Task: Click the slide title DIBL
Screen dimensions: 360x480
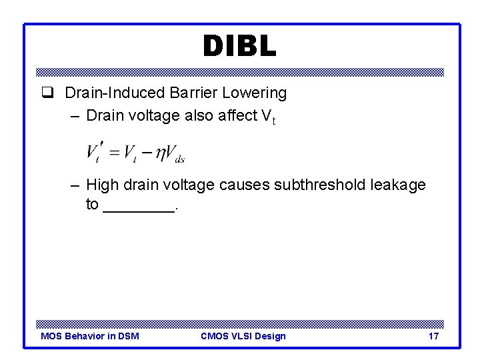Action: coord(239,46)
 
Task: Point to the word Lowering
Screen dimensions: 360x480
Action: coord(257,93)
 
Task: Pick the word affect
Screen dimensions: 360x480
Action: coord(237,115)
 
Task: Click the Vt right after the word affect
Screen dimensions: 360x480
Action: coord(268,117)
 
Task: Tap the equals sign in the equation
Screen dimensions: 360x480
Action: coord(114,153)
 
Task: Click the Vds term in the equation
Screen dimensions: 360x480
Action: coord(175,153)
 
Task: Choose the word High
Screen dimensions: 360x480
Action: coord(103,185)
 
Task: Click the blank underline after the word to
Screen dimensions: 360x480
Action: coord(139,207)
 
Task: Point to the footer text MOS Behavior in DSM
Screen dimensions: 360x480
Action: coord(90,336)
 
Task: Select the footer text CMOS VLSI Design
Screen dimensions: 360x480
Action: coord(243,336)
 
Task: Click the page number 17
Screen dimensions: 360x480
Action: coord(433,336)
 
